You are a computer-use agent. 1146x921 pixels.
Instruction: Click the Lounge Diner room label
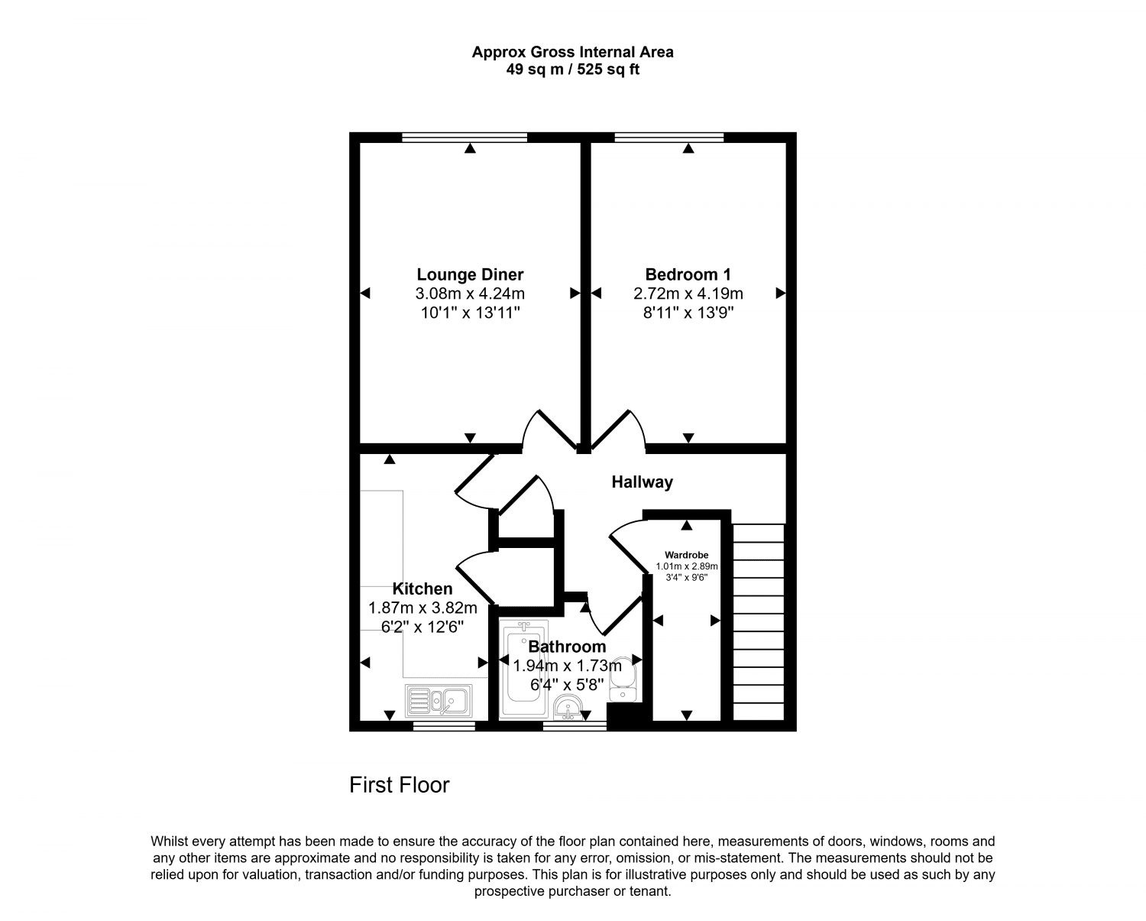point(470,274)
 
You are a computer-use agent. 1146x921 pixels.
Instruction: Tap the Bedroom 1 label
point(688,274)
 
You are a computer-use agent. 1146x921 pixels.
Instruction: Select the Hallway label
point(642,482)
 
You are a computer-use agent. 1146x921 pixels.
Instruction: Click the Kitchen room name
point(422,589)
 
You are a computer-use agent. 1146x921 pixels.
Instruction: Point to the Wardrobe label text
point(686,555)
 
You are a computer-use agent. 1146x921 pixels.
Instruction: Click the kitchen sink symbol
point(439,700)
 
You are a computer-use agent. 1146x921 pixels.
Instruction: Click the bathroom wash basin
point(567,709)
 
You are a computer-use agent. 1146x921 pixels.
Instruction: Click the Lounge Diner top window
point(465,138)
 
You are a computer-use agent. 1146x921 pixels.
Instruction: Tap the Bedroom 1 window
point(669,138)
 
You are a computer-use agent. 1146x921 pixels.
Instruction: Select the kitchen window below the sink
point(444,726)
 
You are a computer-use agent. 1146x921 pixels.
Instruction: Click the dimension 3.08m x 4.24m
point(470,293)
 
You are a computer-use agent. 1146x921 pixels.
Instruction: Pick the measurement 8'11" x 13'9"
point(688,313)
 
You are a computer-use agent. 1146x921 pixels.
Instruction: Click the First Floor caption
point(400,785)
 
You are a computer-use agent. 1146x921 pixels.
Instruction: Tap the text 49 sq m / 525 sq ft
point(572,70)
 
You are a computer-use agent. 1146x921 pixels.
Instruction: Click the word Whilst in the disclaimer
point(170,842)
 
